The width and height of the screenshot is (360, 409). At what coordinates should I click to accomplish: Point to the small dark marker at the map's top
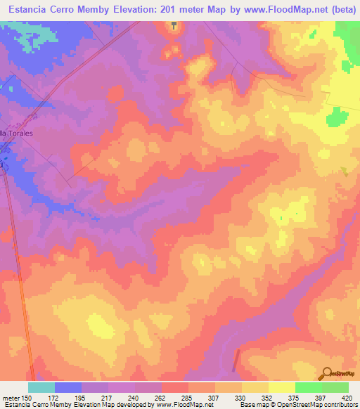174,25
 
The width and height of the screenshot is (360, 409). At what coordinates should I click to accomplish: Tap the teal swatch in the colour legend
41,387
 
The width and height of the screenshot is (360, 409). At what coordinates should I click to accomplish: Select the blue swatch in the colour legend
68,387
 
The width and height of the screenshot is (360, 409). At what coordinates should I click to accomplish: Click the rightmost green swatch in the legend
335,387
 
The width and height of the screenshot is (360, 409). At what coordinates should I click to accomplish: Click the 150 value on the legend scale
27,399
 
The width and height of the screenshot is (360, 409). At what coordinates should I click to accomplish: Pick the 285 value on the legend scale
188,399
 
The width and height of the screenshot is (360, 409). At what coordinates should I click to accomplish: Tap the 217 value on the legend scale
107,399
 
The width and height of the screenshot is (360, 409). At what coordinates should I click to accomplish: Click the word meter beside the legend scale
10,399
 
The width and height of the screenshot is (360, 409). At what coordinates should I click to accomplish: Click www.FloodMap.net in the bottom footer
185,405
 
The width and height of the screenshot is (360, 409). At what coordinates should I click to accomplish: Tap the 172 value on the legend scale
53,399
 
